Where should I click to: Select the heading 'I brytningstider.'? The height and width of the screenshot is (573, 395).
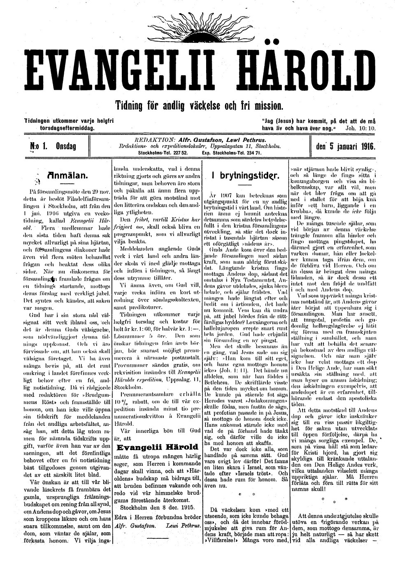[x=244, y=176]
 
